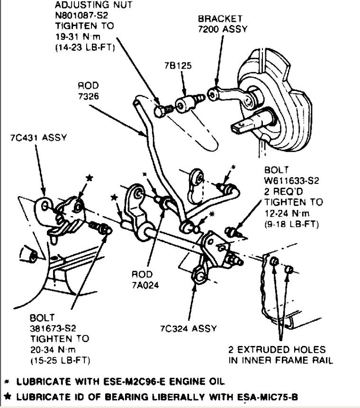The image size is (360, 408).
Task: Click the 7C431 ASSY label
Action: pyautogui.click(x=38, y=138)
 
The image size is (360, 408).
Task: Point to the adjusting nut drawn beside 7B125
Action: pyautogui.click(x=162, y=110)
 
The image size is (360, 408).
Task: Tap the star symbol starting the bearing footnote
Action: pyautogui.click(x=7, y=396)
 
